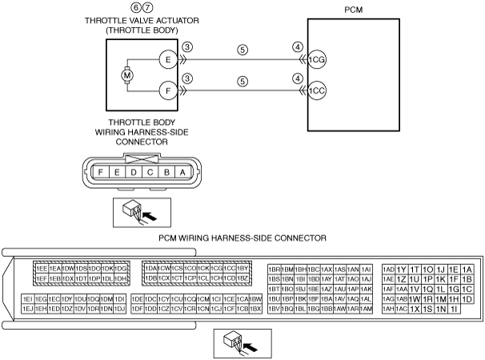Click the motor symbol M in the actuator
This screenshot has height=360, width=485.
pos(126,75)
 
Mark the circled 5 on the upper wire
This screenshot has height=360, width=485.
pos(242,50)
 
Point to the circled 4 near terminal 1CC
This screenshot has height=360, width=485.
pos(297,78)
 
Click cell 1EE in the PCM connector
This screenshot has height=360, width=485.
pos(41,269)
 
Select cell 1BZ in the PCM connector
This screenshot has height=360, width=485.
pos(244,278)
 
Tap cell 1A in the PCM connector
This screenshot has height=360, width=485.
pos(467,269)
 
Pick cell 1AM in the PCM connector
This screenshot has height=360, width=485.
pos(367,308)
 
